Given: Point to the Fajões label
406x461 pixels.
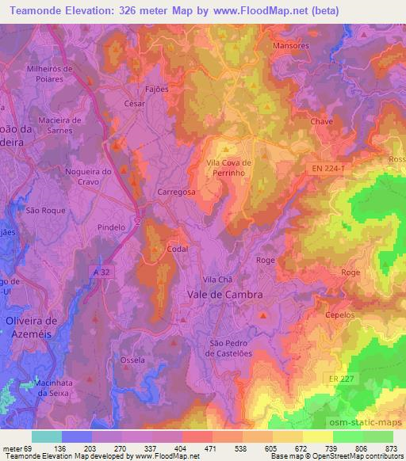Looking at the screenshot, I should tap(157, 89).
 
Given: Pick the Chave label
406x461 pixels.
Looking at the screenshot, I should tap(322, 121).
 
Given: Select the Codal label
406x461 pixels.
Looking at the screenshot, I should tap(177, 249).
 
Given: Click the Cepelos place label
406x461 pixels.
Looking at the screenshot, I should tap(339, 314).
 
